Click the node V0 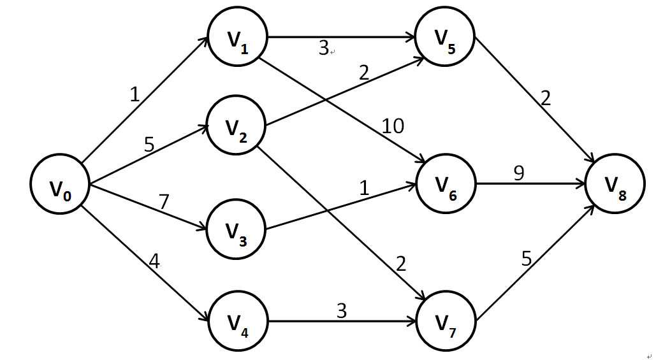[x=61, y=185]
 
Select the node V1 [x=237, y=40]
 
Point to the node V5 [x=446, y=40]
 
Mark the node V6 [x=446, y=185]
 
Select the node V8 [x=615, y=185]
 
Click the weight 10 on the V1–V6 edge [x=393, y=126]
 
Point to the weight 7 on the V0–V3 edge [x=164, y=202]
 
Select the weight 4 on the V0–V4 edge [x=153, y=261]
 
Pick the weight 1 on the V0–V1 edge [x=135, y=95]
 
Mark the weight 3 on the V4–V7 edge [x=342, y=311]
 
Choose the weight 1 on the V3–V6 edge [x=364, y=189]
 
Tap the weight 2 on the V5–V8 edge [x=546, y=98]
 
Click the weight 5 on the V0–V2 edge [x=149, y=145]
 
